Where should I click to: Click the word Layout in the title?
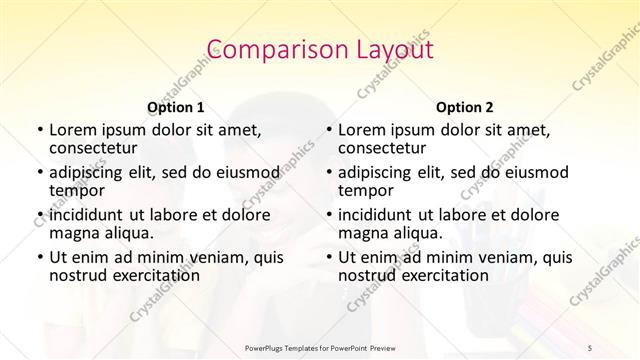384,50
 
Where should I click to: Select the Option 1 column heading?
176,107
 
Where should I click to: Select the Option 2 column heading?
465,107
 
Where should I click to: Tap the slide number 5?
591,347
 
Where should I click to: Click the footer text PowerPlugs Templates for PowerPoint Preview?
319,347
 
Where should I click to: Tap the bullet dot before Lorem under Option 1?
39,131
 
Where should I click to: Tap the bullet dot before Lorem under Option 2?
328,131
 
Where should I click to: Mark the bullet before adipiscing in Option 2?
328,173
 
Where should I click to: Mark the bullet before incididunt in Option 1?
39,215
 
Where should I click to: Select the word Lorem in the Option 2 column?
360,130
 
